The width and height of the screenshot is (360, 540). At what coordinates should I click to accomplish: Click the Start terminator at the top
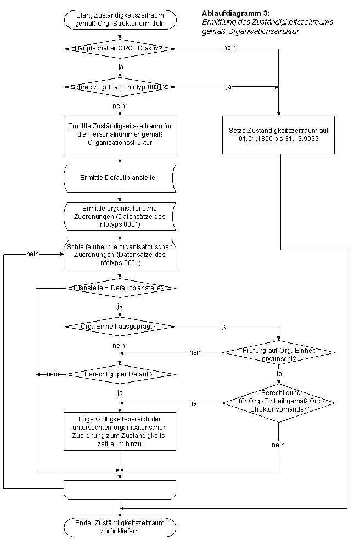[x=120, y=20]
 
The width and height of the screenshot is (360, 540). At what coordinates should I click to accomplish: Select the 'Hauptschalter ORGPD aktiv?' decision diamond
[x=119, y=48]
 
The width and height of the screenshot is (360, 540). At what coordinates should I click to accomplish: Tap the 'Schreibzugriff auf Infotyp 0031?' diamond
[x=119, y=87]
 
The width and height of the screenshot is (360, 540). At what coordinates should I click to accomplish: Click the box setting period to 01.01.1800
[x=278, y=134]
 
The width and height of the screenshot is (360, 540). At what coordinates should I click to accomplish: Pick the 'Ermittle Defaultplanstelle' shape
[x=120, y=178]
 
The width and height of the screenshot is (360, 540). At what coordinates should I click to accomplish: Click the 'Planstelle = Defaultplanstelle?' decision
[x=120, y=288]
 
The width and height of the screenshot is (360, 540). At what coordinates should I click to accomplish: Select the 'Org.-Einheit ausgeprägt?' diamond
[x=119, y=327]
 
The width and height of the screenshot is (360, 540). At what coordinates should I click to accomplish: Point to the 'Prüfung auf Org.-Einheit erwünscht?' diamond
[x=279, y=353]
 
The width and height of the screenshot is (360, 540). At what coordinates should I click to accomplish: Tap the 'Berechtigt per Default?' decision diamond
[x=120, y=374]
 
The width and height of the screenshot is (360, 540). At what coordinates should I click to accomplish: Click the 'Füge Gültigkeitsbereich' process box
[x=120, y=431]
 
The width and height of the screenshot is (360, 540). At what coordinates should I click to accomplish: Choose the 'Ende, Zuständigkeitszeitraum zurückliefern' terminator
[x=120, y=527]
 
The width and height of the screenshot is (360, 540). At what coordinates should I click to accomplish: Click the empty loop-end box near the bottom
[x=120, y=490]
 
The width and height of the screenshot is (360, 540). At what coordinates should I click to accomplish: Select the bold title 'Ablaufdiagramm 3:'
[x=235, y=13]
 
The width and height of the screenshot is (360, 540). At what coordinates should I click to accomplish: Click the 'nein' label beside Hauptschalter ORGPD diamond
[x=229, y=48]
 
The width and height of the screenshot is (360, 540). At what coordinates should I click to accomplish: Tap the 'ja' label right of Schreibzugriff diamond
[x=228, y=87]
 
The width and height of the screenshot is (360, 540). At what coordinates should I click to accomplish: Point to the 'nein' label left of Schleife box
[x=33, y=254]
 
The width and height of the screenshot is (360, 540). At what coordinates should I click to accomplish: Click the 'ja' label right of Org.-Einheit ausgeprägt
[x=224, y=327]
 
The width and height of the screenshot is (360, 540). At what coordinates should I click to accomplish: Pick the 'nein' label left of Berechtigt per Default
[x=53, y=374]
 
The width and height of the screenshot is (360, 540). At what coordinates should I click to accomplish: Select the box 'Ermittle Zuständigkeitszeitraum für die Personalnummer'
[x=120, y=134]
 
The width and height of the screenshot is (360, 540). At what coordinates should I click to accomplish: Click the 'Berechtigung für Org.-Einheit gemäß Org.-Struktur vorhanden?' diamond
[x=279, y=403]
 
